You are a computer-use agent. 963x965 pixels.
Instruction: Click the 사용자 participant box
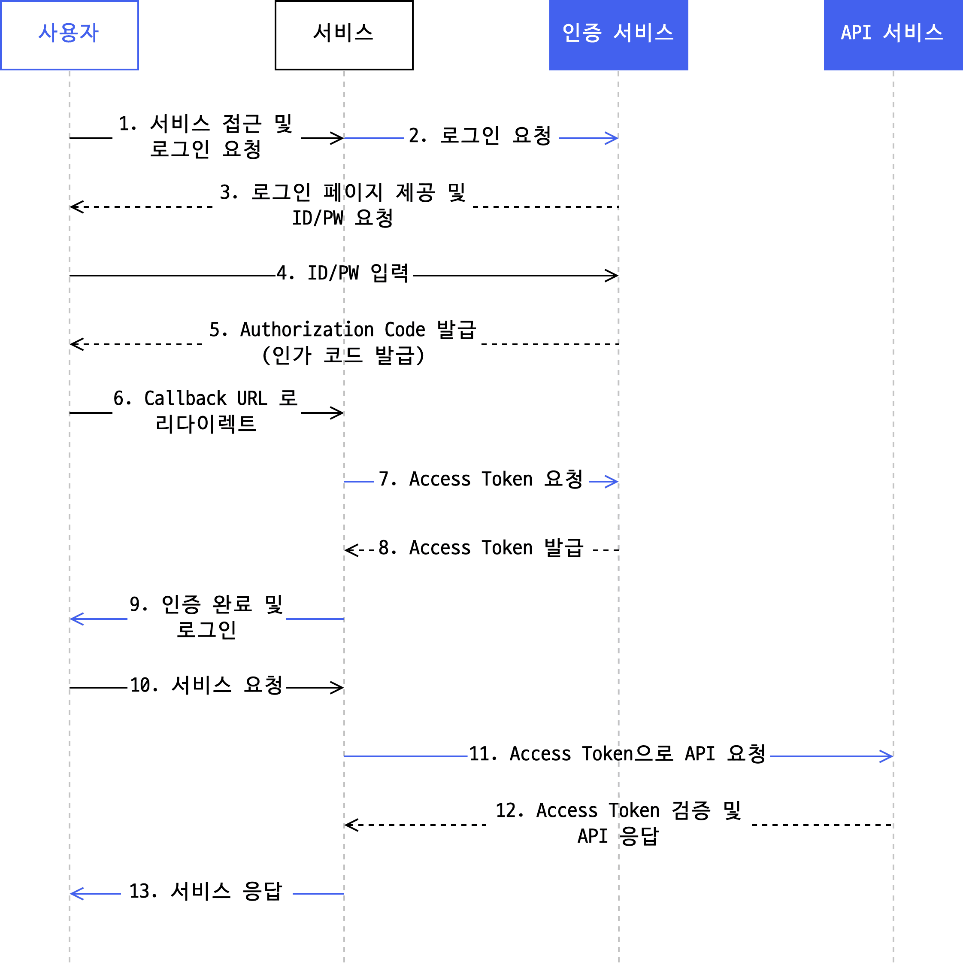(x=70, y=35)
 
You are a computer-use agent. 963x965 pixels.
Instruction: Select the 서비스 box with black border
(x=344, y=35)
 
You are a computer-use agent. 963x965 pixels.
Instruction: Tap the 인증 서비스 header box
(x=618, y=35)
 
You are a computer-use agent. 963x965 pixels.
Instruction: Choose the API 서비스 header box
(x=893, y=35)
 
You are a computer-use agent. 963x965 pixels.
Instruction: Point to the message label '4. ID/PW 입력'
(x=343, y=273)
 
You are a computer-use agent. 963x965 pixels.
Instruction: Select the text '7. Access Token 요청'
(x=481, y=479)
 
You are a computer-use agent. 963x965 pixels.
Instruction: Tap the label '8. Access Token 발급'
(x=481, y=548)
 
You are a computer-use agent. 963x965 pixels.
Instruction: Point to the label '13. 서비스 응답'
(x=206, y=891)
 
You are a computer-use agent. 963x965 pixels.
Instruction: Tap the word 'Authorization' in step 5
(x=307, y=330)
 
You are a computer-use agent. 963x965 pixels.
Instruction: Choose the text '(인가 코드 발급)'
(x=343, y=355)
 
